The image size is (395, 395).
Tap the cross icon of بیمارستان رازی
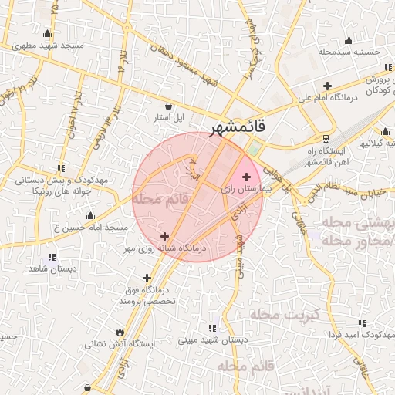[x=246, y=177]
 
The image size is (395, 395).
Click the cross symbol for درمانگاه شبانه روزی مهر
[x=164, y=236]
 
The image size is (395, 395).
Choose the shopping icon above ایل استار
[x=169, y=106]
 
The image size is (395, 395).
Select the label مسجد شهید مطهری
[x=46, y=46]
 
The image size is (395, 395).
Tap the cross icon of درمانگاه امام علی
[x=327, y=86]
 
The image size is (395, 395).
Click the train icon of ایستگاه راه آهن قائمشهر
[x=326, y=139]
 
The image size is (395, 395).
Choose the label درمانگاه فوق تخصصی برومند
[x=148, y=295]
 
